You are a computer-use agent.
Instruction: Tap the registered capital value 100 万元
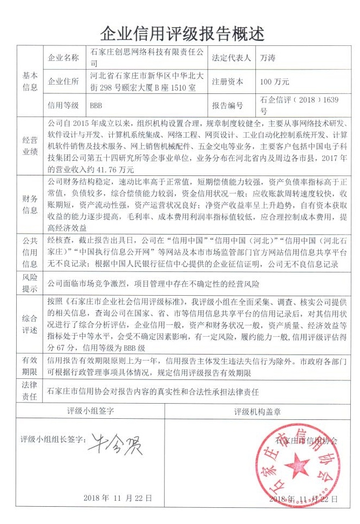(x=275, y=82)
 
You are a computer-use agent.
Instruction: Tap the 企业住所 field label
(x=64, y=82)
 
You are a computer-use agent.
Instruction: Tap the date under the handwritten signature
(x=118, y=498)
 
